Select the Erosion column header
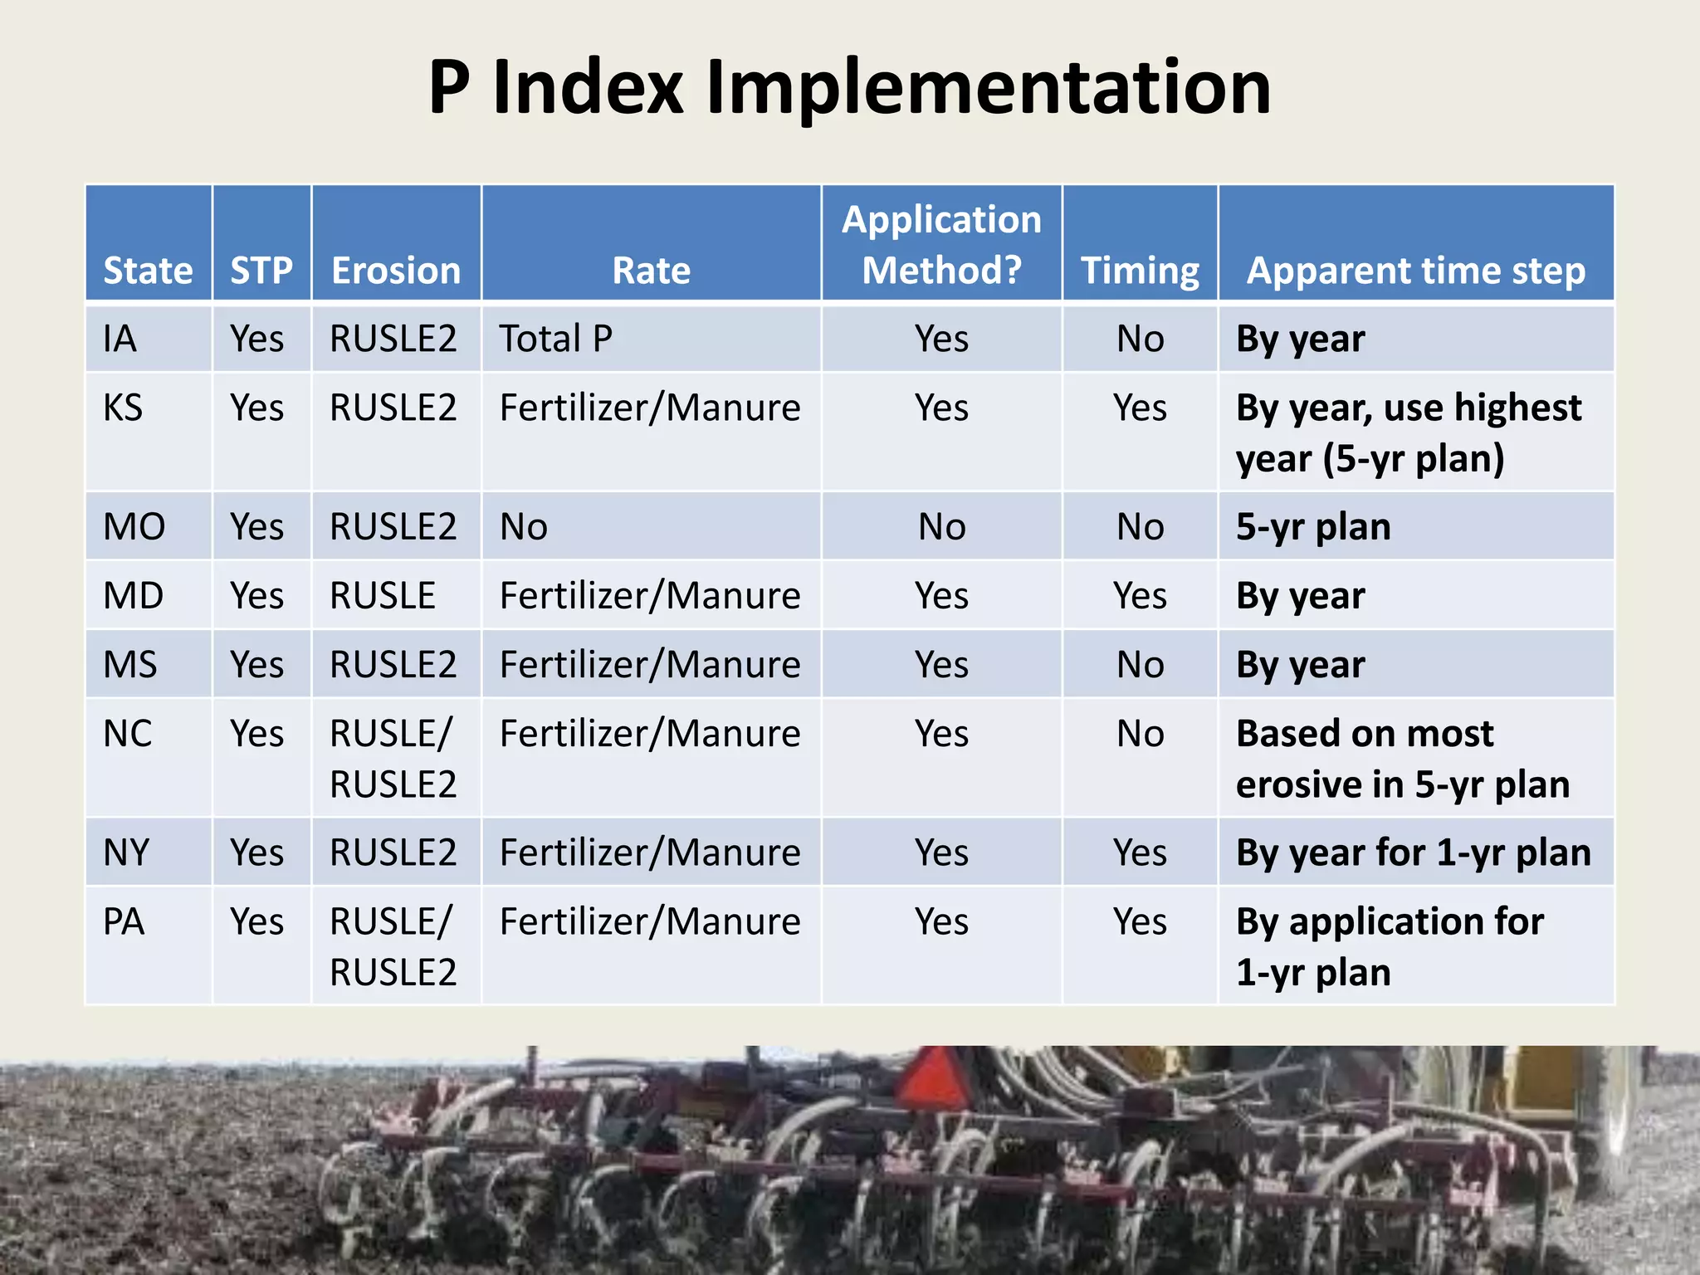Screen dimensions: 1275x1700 coord(396,271)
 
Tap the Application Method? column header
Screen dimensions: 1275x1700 coord(941,244)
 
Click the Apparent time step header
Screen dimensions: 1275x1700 coord(1416,271)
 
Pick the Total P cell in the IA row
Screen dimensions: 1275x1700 coord(555,339)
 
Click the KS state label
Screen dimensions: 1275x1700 coord(123,408)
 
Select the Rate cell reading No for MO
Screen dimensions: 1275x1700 coord(524,526)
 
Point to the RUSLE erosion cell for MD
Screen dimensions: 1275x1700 coord(383,595)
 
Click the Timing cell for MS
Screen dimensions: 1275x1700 coord(1140,664)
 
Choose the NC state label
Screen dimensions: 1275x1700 coord(127,733)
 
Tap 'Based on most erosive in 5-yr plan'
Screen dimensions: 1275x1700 coord(1403,759)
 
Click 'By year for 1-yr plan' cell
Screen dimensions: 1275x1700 coord(1413,852)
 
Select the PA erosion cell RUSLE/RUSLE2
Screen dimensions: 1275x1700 coord(393,946)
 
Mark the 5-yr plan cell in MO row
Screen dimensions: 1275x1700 coord(1313,526)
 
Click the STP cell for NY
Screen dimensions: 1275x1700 coord(257,852)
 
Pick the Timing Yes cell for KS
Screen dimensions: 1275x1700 coord(1140,408)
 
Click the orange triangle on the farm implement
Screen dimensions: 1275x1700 coord(933,1079)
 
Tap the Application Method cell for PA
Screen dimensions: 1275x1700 coord(941,921)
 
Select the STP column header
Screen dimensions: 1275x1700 coord(261,271)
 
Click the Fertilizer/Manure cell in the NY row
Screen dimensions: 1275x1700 coord(650,852)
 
